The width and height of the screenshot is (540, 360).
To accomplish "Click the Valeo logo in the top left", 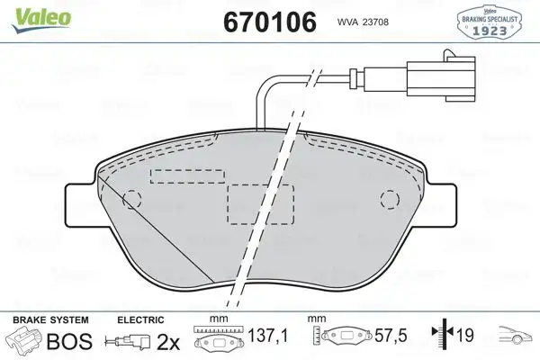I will (x=30, y=11).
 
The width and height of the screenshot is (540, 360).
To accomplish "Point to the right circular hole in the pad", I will (x=389, y=199).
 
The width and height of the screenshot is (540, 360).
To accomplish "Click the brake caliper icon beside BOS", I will (x=23, y=340).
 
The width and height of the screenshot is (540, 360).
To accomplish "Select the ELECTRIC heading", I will (x=140, y=319).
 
